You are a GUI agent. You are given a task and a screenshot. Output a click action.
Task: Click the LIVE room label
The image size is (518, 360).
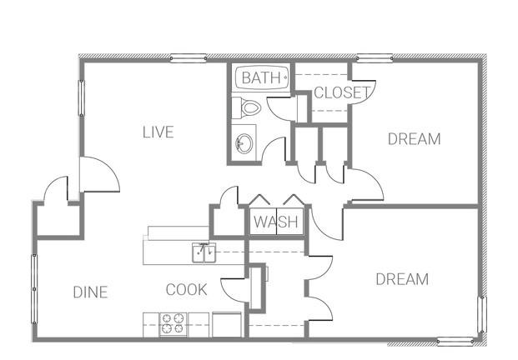point(158,132)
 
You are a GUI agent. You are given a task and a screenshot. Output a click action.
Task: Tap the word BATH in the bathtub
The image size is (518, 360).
point(261,77)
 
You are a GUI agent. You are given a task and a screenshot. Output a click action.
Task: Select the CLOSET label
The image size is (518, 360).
point(342,92)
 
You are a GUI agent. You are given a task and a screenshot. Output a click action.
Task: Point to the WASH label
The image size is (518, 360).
point(276,222)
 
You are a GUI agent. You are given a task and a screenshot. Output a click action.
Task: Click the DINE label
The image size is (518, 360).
point(90,292)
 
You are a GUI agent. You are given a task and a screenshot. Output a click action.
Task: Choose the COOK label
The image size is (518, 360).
point(186,290)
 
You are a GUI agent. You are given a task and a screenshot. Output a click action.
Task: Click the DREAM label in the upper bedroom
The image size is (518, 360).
point(415,139)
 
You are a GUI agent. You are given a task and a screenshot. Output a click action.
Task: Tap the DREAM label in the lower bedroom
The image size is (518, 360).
point(402,279)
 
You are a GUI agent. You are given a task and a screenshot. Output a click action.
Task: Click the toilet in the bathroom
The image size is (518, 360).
point(246,107)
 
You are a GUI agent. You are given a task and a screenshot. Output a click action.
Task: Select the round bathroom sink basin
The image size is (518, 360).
point(244,143)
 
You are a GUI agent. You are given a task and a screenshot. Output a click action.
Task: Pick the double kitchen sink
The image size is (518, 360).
point(204,252)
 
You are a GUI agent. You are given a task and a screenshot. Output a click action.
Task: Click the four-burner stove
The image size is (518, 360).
point(173,323)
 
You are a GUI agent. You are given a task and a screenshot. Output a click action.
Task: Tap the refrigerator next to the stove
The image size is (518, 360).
point(227,325)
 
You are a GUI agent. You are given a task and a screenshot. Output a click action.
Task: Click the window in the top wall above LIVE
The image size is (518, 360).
point(189,58)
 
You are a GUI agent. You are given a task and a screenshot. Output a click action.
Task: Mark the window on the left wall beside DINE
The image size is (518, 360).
point(34,289)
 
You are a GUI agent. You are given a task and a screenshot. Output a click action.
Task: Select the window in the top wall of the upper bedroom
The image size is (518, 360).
point(375,58)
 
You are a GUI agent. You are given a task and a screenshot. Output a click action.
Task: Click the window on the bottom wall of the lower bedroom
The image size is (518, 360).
point(455,342)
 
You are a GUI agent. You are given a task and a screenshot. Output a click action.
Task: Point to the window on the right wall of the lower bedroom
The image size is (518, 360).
point(482,314)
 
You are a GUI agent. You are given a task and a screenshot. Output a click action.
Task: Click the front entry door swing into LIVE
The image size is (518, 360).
point(99,174)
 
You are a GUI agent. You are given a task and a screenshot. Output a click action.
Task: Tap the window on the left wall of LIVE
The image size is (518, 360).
point(81,98)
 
